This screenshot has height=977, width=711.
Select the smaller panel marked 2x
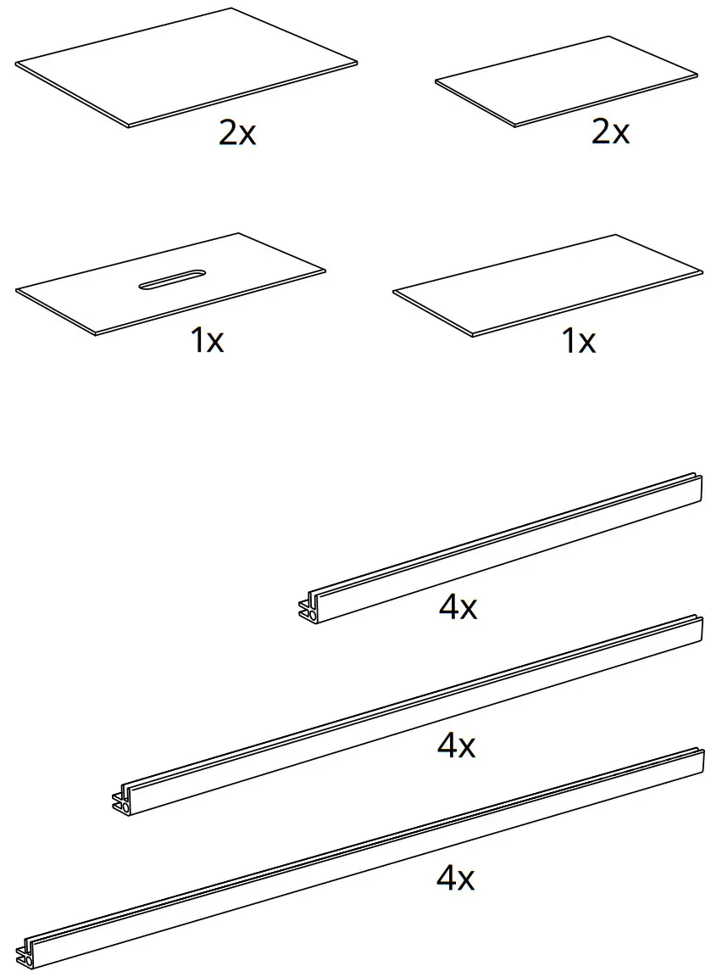tap(566, 81)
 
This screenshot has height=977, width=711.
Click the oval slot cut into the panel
tap(172, 281)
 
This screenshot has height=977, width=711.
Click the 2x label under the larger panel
tap(237, 133)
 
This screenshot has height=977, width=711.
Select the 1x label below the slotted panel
tap(207, 340)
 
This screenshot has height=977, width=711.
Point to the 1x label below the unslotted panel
tap(579, 341)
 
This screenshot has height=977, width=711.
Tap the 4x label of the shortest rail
tap(458, 607)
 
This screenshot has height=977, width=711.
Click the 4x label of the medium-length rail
tap(456, 745)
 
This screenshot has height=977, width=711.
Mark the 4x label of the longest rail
tap(455, 879)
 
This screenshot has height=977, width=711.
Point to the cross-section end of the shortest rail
tap(308, 606)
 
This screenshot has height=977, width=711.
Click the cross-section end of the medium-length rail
tap(121, 800)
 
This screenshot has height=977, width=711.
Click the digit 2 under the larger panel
tap(227, 133)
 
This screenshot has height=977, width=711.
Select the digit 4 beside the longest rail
tap(446, 879)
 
